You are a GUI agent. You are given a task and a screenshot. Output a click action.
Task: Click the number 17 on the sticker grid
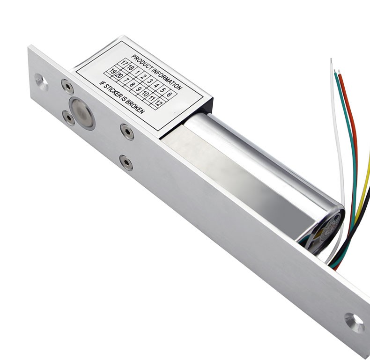tap(124, 63)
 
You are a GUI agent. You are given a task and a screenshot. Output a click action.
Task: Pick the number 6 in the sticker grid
tap(169, 94)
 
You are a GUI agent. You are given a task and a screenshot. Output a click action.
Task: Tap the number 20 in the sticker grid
tap(118, 75)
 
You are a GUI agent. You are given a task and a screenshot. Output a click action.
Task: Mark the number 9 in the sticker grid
tap(139, 89)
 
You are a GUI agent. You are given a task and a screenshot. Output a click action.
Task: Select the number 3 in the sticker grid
tap(149, 81)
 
